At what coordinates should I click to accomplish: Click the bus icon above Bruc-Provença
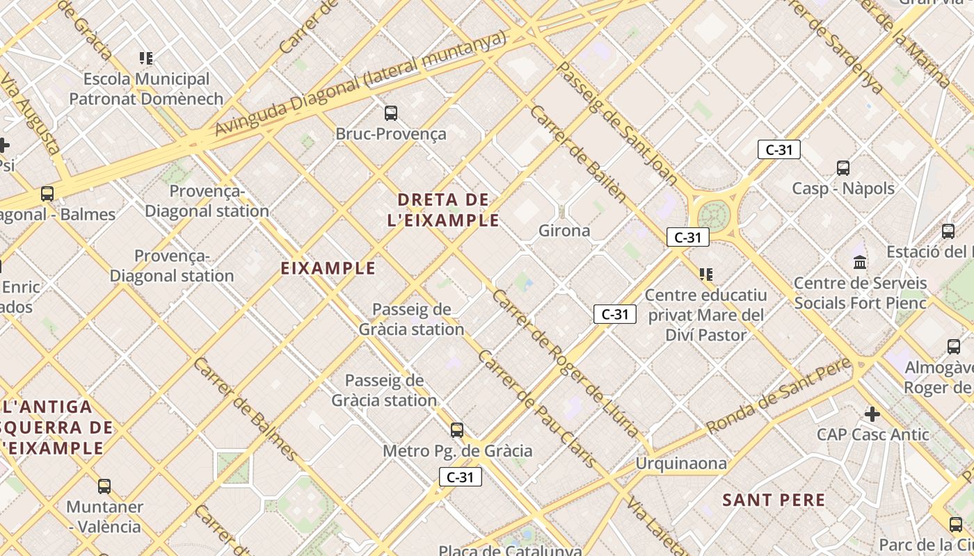pyautogui.click(x=391, y=113)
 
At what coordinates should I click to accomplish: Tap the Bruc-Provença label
pyautogui.click(x=391, y=133)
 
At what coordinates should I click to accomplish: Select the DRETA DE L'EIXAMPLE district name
pyautogui.click(x=444, y=210)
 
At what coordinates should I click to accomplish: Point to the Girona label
pyautogui.click(x=564, y=231)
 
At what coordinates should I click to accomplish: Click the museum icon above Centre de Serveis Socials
pyautogui.click(x=860, y=263)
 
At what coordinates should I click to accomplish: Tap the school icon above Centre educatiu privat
pyautogui.click(x=706, y=275)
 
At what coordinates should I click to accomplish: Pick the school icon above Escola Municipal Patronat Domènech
pyautogui.click(x=146, y=58)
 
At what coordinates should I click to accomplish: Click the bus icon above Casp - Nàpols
pyautogui.click(x=843, y=167)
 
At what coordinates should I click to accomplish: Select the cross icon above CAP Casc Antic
pyautogui.click(x=872, y=415)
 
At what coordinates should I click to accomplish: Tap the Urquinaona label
pyautogui.click(x=681, y=464)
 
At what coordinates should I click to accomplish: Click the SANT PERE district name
pyautogui.click(x=774, y=500)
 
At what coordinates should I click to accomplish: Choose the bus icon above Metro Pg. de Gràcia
pyautogui.click(x=457, y=430)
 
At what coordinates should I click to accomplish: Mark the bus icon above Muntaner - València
pyautogui.click(x=104, y=486)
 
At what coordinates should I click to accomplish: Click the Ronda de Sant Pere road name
pyautogui.click(x=779, y=396)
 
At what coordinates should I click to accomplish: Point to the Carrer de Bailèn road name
pyautogui.click(x=578, y=153)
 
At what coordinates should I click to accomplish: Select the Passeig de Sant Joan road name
pyautogui.click(x=618, y=124)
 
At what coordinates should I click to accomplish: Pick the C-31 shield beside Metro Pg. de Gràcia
pyautogui.click(x=461, y=477)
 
